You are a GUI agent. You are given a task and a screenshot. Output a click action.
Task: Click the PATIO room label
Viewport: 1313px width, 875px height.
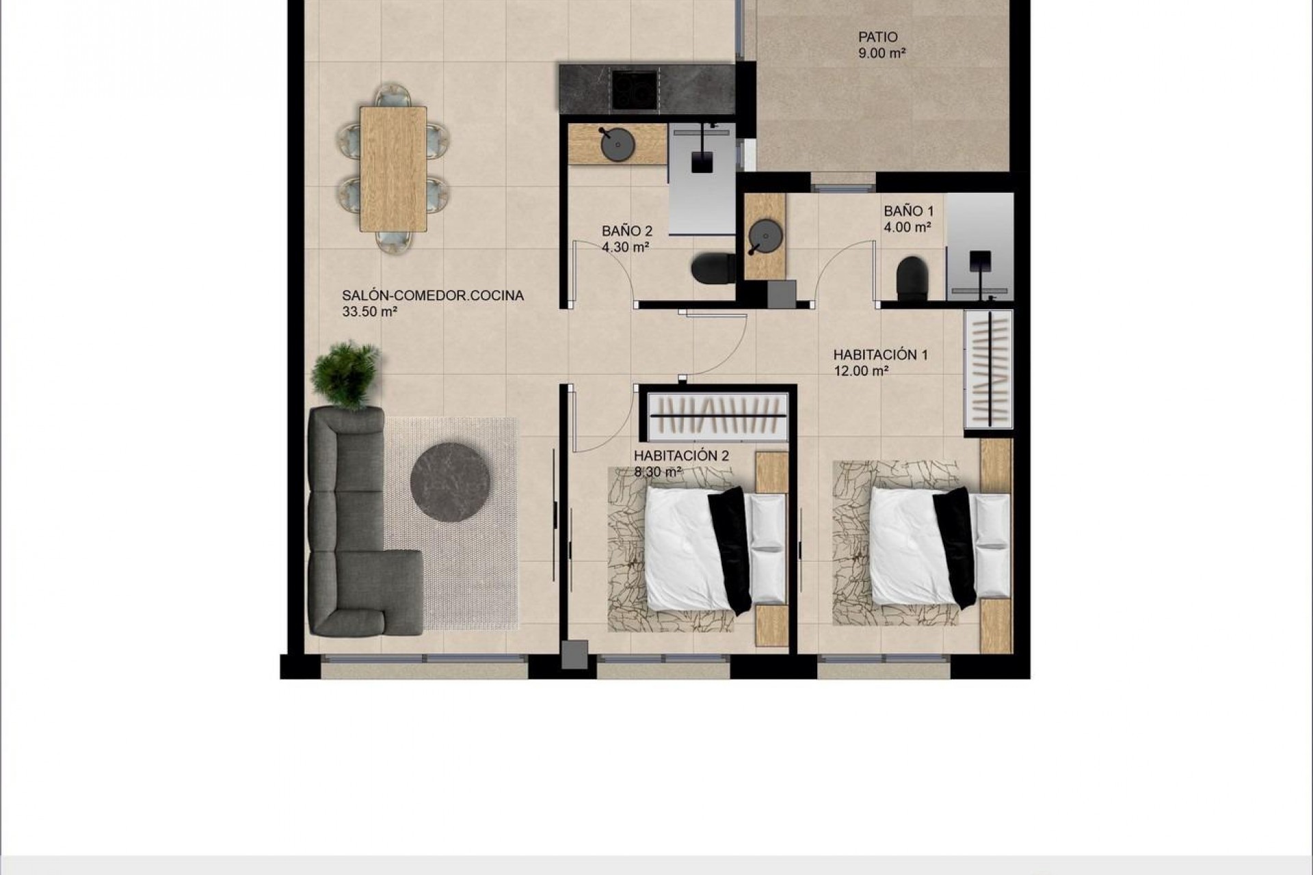click(878, 37)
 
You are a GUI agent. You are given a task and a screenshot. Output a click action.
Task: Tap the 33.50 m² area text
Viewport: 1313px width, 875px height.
click(370, 312)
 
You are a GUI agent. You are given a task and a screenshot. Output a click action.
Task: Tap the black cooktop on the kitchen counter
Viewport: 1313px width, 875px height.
click(636, 90)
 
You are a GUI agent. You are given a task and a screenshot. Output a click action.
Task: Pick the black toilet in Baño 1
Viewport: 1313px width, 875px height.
click(912, 278)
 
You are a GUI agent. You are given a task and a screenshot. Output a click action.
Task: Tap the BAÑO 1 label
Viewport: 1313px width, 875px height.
click(908, 211)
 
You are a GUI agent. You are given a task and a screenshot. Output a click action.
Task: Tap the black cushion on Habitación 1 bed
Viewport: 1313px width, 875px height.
click(955, 547)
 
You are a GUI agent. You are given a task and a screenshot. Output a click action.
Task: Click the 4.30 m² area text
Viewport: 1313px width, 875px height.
click(625, 247)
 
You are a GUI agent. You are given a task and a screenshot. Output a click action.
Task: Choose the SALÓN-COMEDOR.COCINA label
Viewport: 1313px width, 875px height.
click(433, 296)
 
